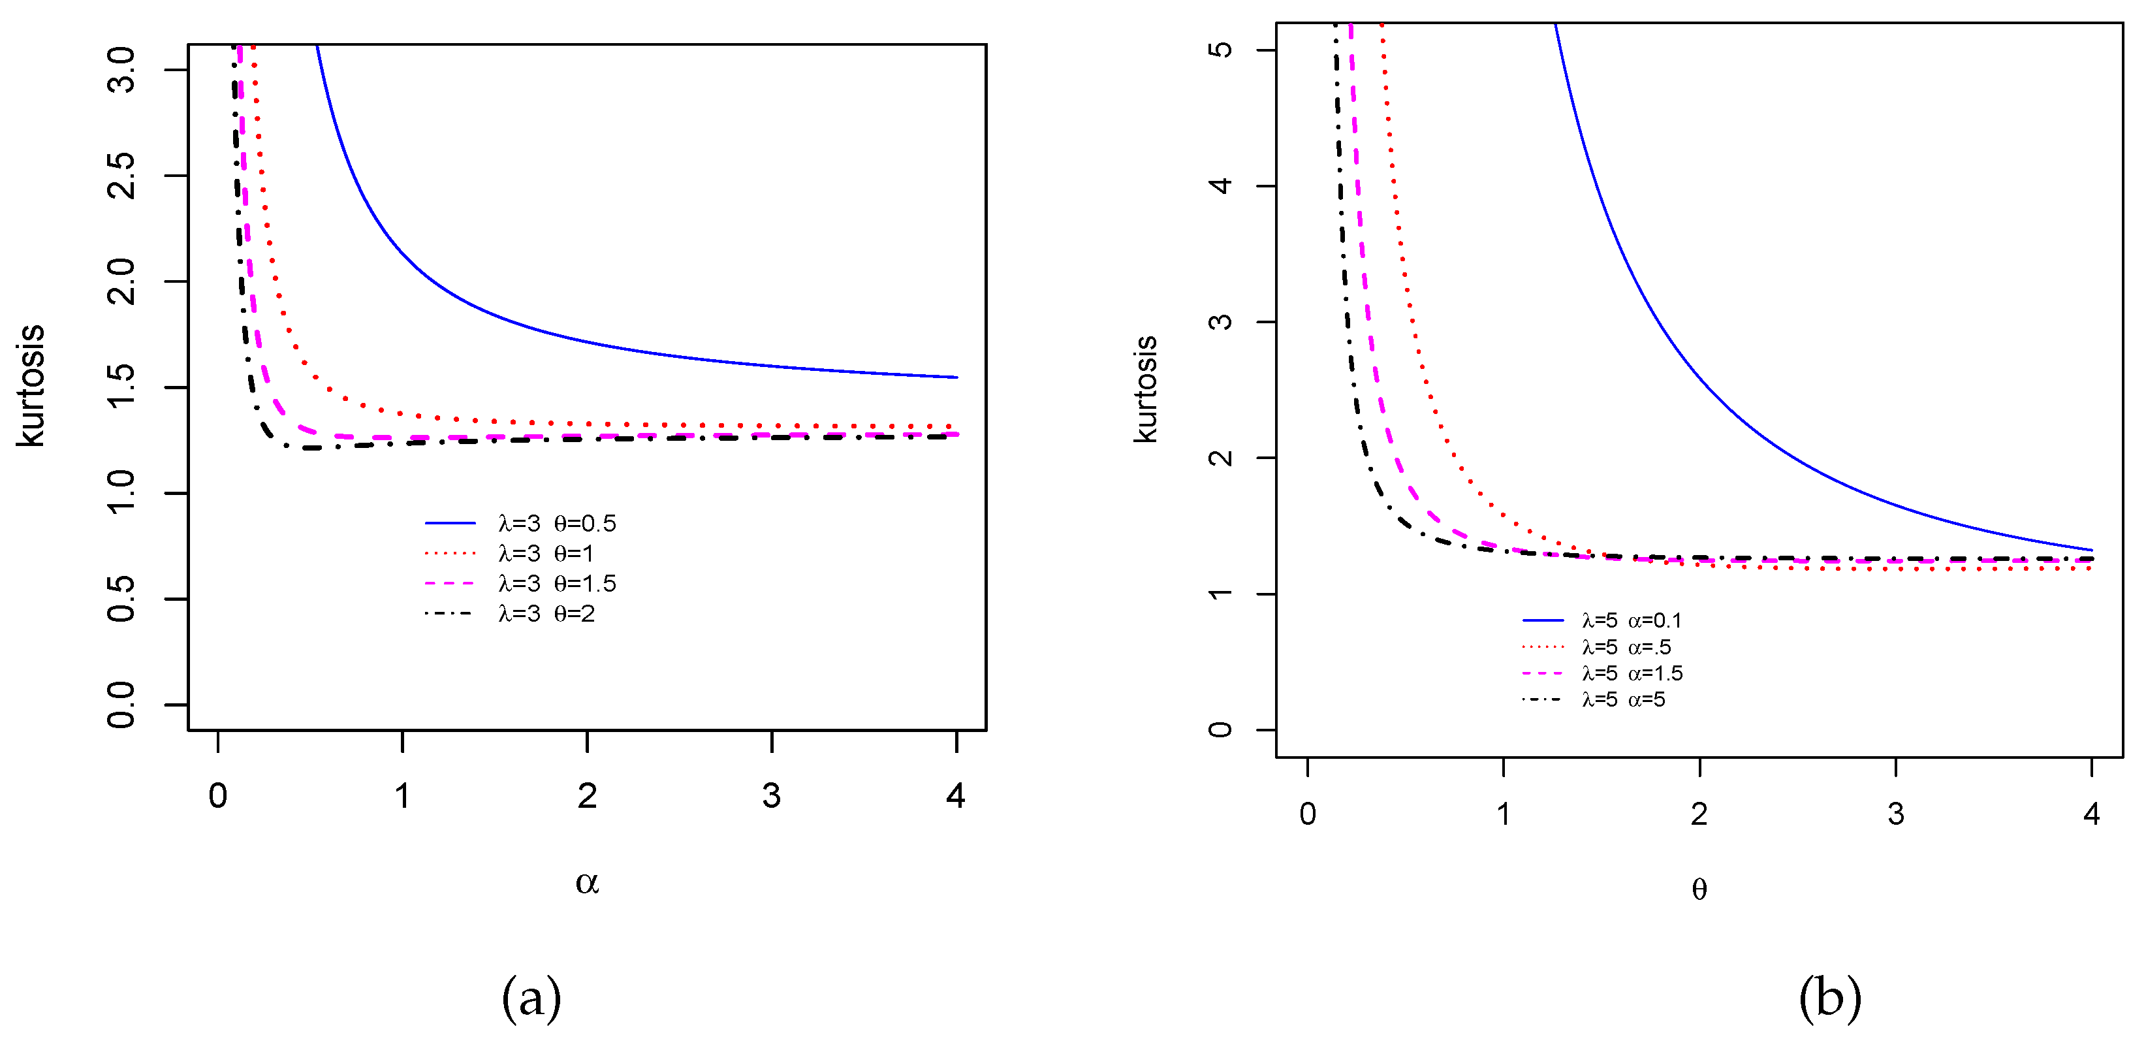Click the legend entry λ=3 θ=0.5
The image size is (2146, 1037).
(x=556, y=523)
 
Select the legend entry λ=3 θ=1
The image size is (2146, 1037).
(x=546, y=553)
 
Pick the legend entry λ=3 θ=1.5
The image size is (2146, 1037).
(x=556, y=583)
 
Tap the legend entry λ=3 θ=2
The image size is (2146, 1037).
(x=546, y=614)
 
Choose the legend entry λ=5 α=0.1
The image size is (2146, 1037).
(x=1631, y=620)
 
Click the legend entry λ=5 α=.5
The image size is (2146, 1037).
(x=1626, y=647)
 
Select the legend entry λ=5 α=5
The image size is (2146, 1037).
(x=1623, y=699)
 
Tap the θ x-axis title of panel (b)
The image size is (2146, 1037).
(x=1699, y=889)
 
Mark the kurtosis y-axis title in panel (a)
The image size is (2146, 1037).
(x=31, y=387)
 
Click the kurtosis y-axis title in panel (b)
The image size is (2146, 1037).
(x=1146, y=390)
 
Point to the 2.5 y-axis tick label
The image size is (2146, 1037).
(x=121, y=176)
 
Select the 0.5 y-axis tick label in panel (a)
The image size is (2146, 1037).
(x=121, y=599)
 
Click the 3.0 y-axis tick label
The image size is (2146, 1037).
(x=121, y=70)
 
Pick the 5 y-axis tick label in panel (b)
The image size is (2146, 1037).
(x=1220, y=50)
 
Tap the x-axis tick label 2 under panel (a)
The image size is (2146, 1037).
(x=588, y=796)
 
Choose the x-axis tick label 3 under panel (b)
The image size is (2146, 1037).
(x=1896, y=814)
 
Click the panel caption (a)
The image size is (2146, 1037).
(x=531, y=998)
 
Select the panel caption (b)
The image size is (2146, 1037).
(x=1829, y=998)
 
